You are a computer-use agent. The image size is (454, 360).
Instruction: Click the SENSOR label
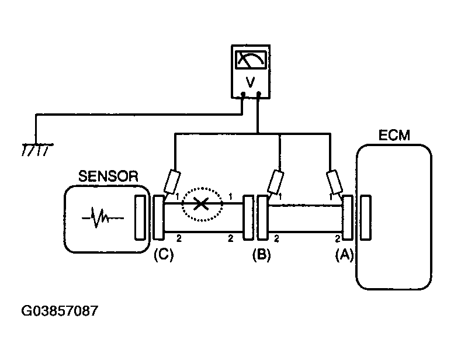pos(108,176)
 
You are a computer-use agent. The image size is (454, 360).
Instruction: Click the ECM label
pos(394,135)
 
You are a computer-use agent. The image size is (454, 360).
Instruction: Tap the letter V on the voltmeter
pos(250,82)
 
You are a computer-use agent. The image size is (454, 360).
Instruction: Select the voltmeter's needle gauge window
pos(251,60)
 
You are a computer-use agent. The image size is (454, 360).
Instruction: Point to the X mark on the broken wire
pos(201,203)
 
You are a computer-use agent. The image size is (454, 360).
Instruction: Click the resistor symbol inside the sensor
pos(102,218)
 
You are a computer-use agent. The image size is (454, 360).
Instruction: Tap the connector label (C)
pos(164,255)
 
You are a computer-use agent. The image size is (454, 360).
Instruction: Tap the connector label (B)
pos(261,255)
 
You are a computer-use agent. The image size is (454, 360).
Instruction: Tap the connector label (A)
pos(344,255)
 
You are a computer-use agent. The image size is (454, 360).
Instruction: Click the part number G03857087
pos(60,311)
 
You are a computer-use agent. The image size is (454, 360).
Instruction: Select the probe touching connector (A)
pos(334,182)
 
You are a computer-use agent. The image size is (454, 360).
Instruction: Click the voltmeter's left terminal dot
pos(243,94)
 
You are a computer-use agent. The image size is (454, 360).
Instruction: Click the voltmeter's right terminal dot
pos(259,94)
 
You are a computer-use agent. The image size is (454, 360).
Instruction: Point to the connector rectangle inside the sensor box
pos(140,218)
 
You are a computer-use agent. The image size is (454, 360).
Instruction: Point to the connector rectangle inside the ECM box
pos(366,218)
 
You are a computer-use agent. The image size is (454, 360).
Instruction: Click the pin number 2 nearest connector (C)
pos(179,238)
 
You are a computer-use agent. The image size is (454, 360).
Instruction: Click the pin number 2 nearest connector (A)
pos(338,238)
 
